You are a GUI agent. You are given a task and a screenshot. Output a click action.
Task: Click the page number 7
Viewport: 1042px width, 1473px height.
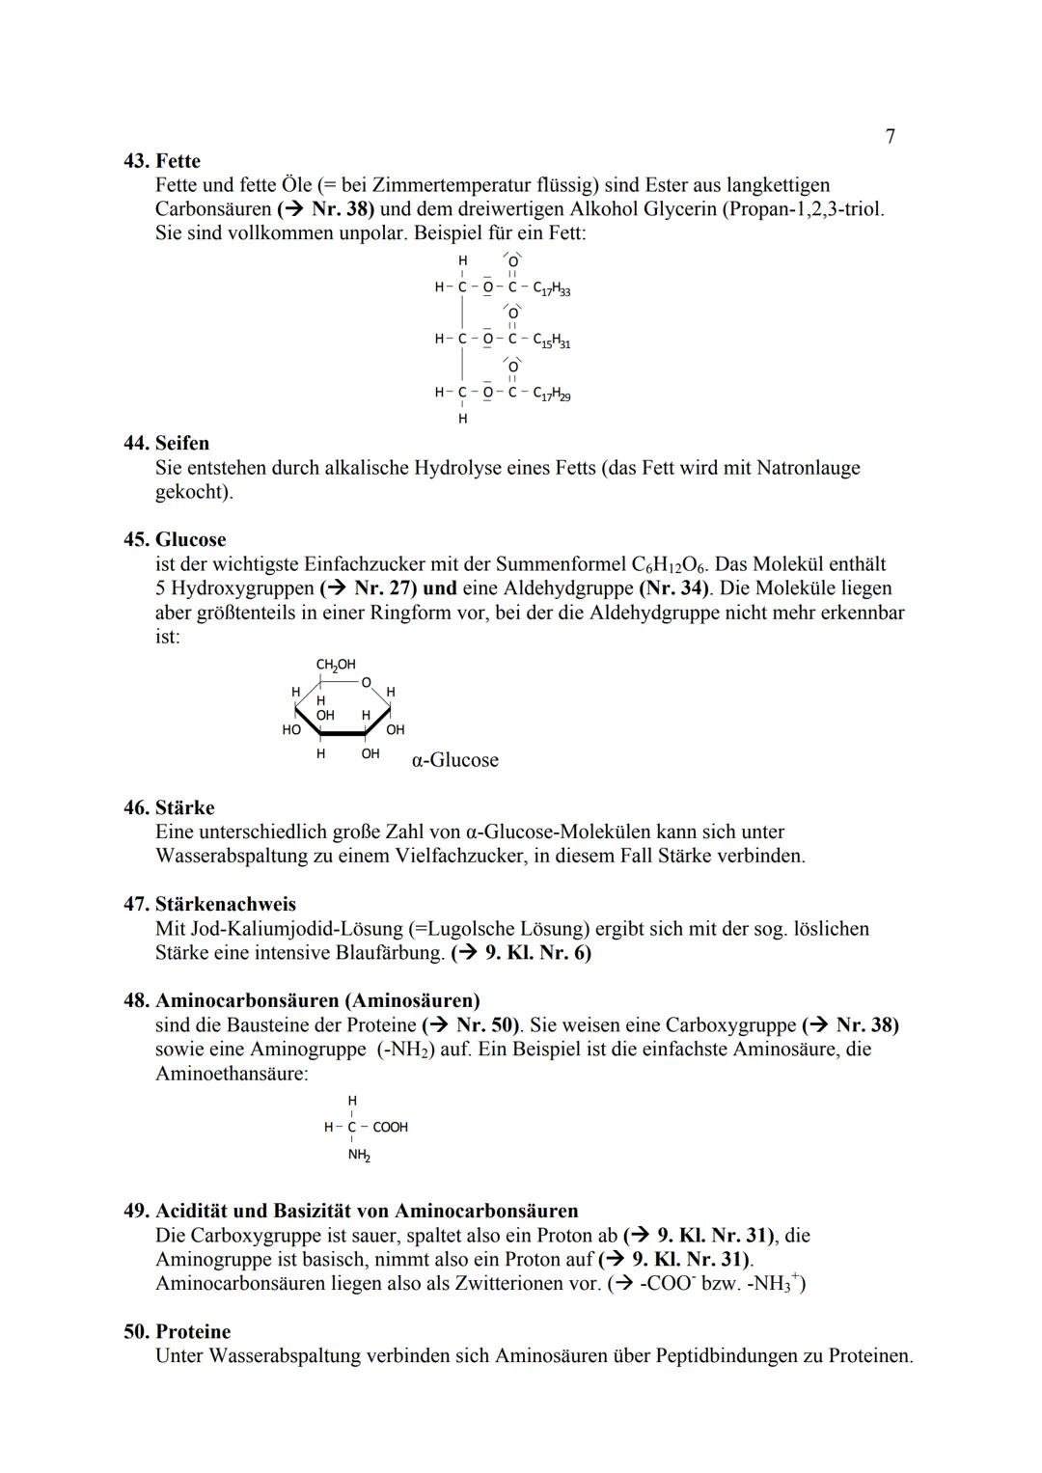tap(890, 137)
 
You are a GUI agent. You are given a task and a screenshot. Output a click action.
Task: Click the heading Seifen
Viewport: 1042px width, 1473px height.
tap(181, 444)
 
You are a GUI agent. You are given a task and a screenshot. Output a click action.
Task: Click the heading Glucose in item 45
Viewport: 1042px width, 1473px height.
tap(190, 540)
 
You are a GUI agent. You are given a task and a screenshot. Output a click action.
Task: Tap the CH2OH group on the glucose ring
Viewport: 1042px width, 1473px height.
tap(336, 665)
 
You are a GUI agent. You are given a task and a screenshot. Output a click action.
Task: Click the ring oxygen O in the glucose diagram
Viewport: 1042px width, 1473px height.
tap(366, 682)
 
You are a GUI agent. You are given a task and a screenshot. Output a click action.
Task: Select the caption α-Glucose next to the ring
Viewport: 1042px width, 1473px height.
tap(454, 760)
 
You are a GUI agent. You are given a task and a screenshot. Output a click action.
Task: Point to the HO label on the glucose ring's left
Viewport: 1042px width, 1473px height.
tap(290, 730)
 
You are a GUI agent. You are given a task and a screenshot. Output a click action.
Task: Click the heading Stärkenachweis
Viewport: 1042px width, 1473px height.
tap(225, 905)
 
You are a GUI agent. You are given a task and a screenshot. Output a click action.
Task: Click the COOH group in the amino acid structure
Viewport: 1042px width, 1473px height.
tap(390, 1127)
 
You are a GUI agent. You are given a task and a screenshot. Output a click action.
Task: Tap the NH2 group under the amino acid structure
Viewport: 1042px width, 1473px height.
tap(359, 1155)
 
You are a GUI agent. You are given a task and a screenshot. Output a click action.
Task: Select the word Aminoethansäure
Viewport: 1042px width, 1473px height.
tap(232, 1074)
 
